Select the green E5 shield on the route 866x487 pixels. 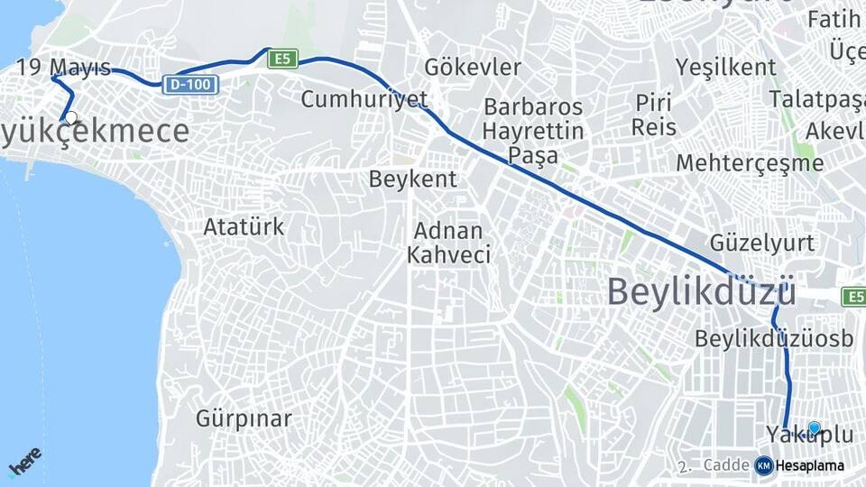tap(282, 59)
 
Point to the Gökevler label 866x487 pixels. tap(473, 68)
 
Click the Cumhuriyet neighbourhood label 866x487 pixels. tap(364, 98)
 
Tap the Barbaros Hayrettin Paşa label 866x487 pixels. tap(533, 131)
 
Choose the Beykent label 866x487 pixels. tap(413, 179)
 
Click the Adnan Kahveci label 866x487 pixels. tap(449, 243)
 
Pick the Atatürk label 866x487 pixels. tap(244, 226)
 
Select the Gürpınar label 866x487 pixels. tap(244, 418)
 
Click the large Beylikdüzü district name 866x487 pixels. tap(701, 292)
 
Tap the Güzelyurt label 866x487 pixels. tap(762, 243)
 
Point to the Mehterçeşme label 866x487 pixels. tap(750, 163)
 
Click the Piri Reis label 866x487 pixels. tap(654, 114)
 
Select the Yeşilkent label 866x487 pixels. tap(726, 67)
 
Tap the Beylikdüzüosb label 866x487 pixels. tap(774, 338)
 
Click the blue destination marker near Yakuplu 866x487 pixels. tap(815, 428)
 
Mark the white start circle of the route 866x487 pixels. tap(70, 117)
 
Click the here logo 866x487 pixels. tap(24, 461)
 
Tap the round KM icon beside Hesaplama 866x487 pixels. tap(764, 465)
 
